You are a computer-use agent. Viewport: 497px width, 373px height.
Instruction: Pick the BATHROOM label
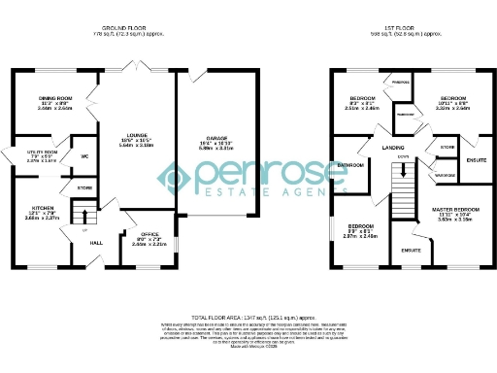point(350,165)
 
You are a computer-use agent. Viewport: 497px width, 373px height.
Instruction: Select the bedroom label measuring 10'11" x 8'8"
point(454,99)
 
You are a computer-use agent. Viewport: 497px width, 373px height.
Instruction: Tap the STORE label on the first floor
point(447,147)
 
